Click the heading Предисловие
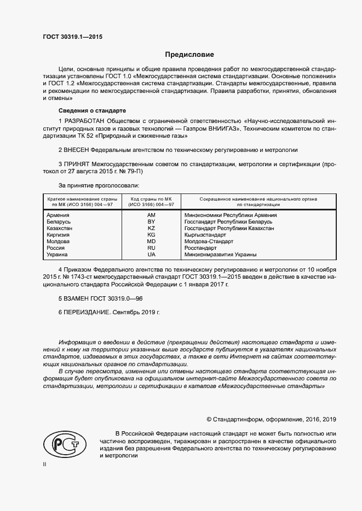coord(189,55)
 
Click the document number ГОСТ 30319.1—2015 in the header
coord(72,37)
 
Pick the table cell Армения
coord(58,215)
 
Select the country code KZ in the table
coord(151,228)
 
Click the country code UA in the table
coord(151,254)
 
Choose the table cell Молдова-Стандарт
coord(209,241)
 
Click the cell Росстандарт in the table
coord(201,248)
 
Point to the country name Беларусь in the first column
coord(59,221)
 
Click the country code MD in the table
coord(151,241)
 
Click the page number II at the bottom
coord(44,464)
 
